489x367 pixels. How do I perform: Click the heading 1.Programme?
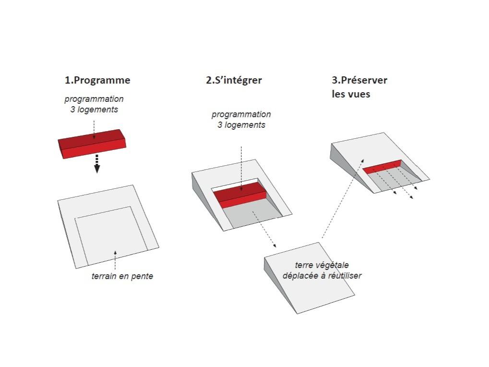click(97, 80)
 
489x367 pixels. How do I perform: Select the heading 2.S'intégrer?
click(234, 80)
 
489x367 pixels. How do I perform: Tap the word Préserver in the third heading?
click(364, 80)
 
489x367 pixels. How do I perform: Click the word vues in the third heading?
click(358, 94)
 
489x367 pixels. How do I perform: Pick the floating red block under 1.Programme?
click(92, 143)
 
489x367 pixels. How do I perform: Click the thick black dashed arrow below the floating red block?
click(96, 164)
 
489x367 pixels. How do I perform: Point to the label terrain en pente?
click(122, 276)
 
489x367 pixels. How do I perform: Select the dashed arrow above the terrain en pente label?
click(115, 259)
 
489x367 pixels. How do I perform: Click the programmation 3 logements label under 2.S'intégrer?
click(241, 120)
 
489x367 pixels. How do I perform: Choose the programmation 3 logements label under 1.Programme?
click(94, 104)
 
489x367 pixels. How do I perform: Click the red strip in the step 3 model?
click(382, 166)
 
